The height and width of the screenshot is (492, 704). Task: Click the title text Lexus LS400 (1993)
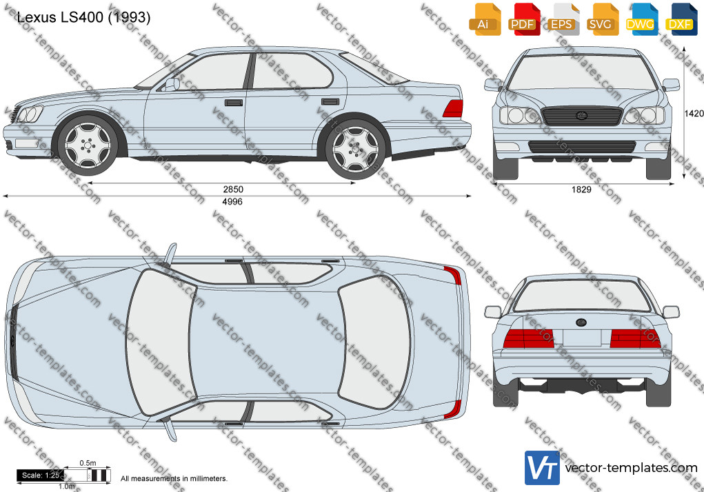pos(83,17)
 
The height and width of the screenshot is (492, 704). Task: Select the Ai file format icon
pos(485,19)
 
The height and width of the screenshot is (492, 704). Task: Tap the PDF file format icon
pos(524,19)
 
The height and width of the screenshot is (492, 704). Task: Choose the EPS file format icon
pos(563,19)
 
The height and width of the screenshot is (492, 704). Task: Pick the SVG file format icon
pos(602,19)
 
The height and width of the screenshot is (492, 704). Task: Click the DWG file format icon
pos(641,19)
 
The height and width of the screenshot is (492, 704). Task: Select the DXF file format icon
pos(681,19)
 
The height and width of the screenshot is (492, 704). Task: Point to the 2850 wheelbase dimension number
pos(234,189)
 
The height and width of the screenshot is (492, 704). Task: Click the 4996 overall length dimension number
pos(232,202)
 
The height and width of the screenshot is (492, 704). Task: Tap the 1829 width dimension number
pos(581,189)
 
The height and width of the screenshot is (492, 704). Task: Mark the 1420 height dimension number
pos(694,114)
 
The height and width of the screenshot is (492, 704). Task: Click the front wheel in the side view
pos(88,145)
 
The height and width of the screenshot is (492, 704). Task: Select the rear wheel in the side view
pos(355,148)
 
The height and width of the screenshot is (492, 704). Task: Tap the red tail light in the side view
pos(453,109)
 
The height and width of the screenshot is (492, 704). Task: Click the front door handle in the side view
pos(234,103)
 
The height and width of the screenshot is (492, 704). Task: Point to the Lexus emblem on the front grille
pos(581,116)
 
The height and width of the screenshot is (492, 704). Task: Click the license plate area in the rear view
pos(581,338)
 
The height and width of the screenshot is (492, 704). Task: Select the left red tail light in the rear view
pos(528,338)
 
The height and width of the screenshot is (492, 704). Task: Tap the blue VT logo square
pos(543,468)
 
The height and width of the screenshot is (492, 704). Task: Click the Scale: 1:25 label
pos(41,475)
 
